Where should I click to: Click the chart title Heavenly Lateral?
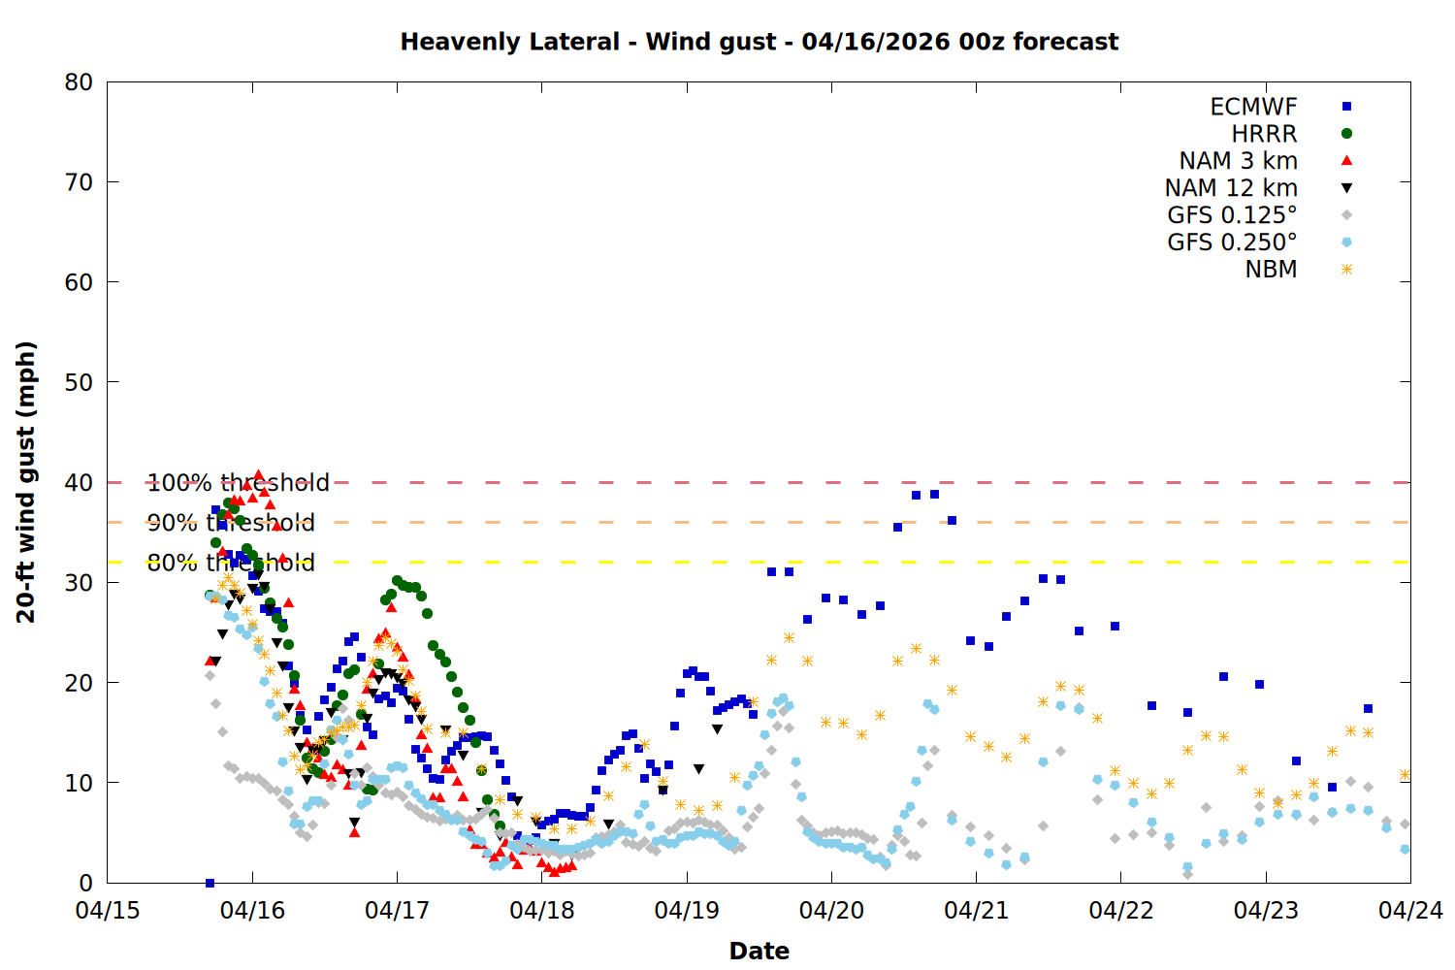click(x=759, y=42)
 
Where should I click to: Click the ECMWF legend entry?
click(x=1253, y=107)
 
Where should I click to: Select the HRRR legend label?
click(x=1264, y=134)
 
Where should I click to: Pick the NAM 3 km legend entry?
click(x=1238, y=161)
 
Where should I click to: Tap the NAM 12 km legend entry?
click(x=1231, y=188)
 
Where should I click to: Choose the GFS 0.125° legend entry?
click(x=1232, y=215)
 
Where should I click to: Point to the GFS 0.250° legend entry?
click(x=1232, y=242)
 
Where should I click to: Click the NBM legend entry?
click(x=1271, y=270)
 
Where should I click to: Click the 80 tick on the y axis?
click(x=79, y=82)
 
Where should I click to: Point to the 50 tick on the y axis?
click(x=79, y=382)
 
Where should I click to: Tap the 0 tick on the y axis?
click(x=85, y=883)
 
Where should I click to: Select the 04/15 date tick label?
click(x=107, y=911)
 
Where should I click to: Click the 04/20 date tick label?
click(x=831, y=911)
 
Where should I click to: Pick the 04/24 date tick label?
click(x=1410, y=911)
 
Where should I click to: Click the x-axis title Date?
click(x=759, y=951)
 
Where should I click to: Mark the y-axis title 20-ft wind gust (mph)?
click(x=26, y=482)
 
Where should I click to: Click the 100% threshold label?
click(x=238, y=483)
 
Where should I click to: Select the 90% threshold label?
click(x=231, y=523)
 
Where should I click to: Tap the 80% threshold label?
click(x=231, y=563)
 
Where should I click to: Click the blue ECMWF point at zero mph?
click(x=210, y=883)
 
